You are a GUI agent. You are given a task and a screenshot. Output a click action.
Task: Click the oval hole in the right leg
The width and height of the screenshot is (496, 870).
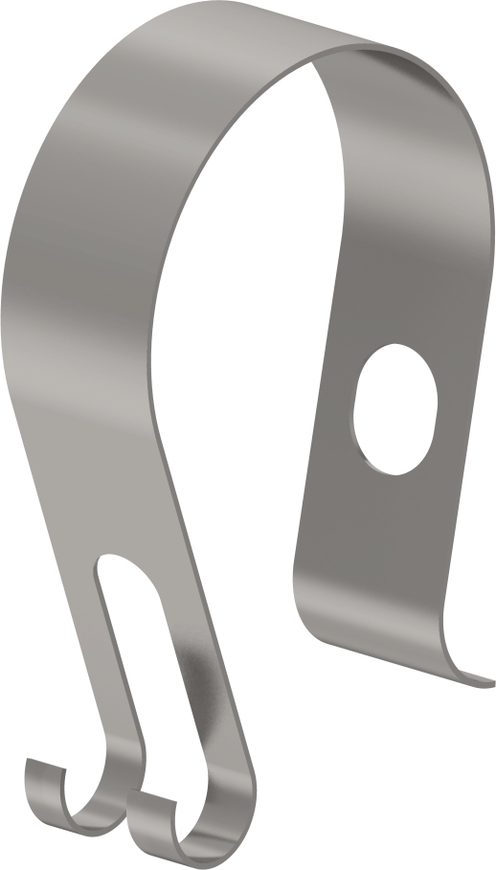(x=395, y=408)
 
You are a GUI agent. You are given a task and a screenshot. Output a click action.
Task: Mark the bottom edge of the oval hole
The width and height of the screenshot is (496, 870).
(x=388, y=471)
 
